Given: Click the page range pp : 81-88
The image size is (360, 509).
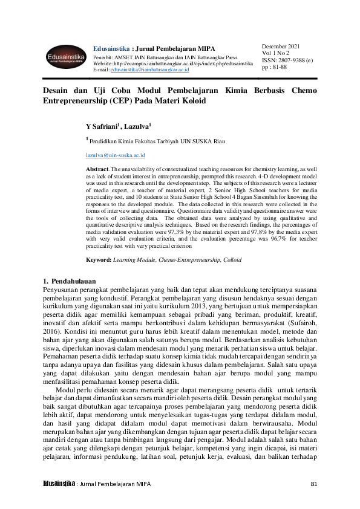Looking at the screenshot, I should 275,67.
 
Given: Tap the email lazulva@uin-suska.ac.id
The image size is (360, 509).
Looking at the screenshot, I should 112,155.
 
